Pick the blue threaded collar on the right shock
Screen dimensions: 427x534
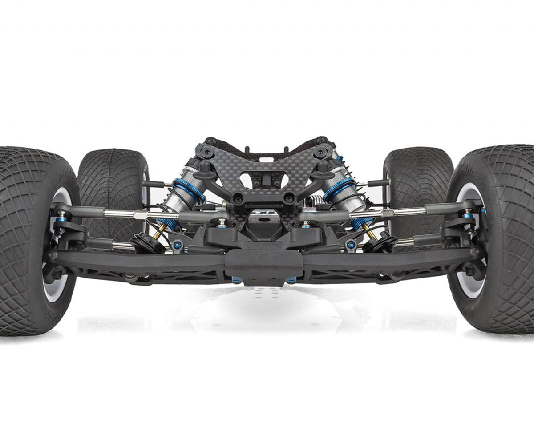click(x=339, y=189)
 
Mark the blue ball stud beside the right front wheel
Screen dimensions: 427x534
click(x=468, y=216)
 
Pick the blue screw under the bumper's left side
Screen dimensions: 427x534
click(x=236, y=280)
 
